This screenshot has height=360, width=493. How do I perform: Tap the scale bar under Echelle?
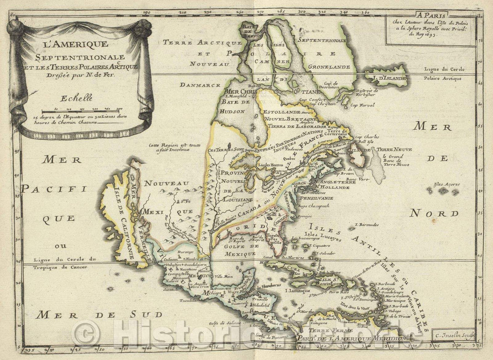(x=80, y=111)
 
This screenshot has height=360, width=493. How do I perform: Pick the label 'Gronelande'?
(x=332, y=67)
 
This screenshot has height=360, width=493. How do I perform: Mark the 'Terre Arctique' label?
(x=201, y=42)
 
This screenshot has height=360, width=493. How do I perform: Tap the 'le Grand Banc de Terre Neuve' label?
(x=393, y=160)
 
